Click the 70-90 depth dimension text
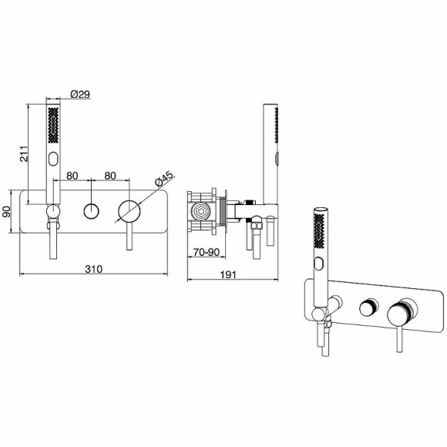206,251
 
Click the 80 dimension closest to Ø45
110,176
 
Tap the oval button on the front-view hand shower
54,160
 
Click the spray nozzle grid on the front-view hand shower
53,127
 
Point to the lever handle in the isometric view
399,339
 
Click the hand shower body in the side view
271,154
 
